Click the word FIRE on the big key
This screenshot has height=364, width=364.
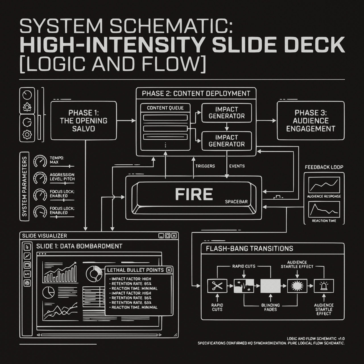coord(194,195)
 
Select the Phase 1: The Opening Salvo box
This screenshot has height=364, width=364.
coord(84,121)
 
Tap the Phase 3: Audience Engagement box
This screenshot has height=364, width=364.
coord(311,121)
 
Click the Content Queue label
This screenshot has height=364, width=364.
coord(165,108)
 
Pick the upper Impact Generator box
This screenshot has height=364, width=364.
coord(226,113)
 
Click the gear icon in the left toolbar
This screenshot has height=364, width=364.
coord(27,134)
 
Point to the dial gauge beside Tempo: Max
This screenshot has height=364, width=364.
coord(40,162)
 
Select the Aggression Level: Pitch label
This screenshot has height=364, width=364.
coord(62,177)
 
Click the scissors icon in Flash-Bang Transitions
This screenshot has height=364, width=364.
coord(217,286)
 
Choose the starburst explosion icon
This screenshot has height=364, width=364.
coord(297,286)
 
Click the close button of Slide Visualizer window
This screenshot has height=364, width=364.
coord(174,235)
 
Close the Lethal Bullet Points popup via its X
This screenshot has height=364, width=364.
coord(169,270)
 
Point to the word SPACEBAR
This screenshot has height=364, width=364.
coord(236,202)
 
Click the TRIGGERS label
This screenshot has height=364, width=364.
coord(205,166)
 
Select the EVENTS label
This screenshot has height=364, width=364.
coord(237,166)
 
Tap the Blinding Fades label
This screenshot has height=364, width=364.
coord(270,307)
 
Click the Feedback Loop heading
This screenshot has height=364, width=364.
coord(324,167)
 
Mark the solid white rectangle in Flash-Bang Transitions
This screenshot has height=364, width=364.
coord(270,286)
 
